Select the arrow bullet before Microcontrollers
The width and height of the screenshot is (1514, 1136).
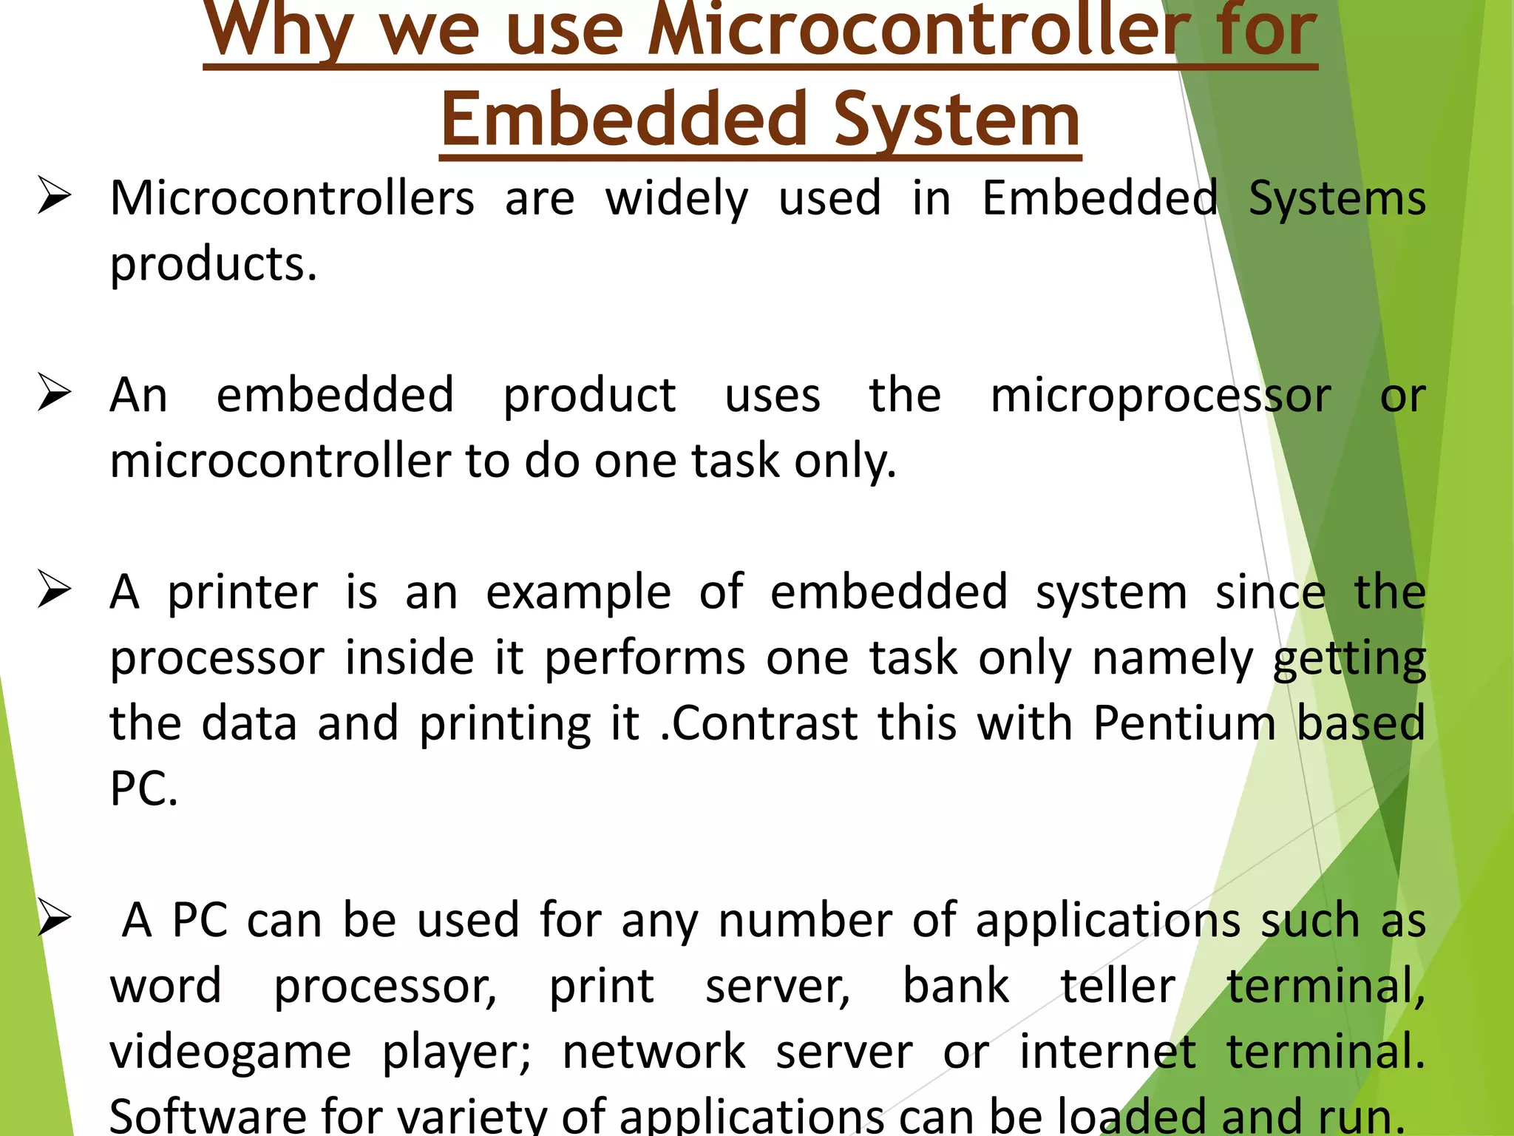pyautogui.click(x=55, y=197)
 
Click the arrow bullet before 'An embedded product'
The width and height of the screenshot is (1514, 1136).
pyautogui.click(x=55, y=393)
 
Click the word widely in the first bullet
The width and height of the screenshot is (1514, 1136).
pyautogui.click(x=676, y=200)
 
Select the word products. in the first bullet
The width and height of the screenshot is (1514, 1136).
pyautogui.click(x=214, y=265)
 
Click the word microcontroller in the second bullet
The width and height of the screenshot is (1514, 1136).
pyautogui.click(x=280, y=461)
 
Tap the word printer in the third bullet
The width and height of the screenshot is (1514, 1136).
pyautogui.click(x=242, y=593)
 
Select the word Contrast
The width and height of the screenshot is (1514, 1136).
pyautogui.click(x=764, y=723)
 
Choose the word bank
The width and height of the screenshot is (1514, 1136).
pyautogui.click(x=956, y=986)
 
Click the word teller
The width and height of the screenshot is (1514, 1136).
pyautogui.click(x=1118, y=986)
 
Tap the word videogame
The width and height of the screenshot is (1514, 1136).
pyautogui.click(x=231, y=1052)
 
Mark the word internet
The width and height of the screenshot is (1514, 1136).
pyautogui.click(x=1107, y=1051)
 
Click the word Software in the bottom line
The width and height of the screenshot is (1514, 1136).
pyautogui.click(x=208, y=1115)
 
